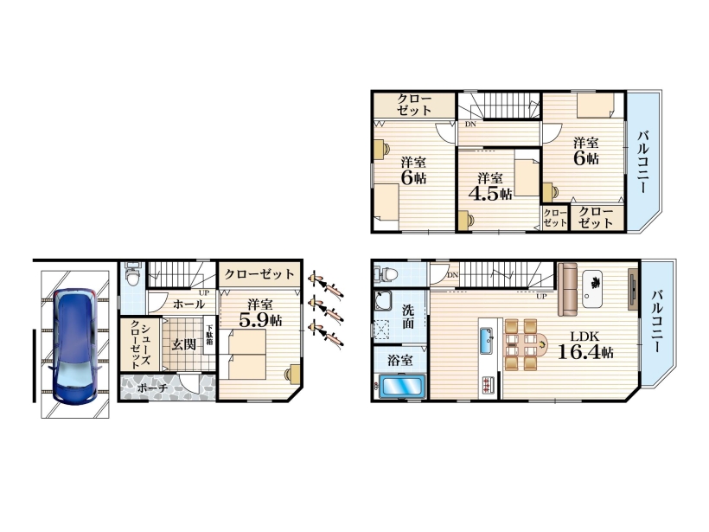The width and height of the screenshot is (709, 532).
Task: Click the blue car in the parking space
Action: point(74,346)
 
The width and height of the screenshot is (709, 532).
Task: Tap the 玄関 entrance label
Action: point(184,344)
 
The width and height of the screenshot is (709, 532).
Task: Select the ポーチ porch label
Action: point(152,388)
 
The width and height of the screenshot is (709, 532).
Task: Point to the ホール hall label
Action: point(189,304)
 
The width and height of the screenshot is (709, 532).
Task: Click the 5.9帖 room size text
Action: point(260,320)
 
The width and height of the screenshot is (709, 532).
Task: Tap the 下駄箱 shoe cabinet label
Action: point(209,335)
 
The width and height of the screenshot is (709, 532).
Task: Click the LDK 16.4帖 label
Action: point(585,344)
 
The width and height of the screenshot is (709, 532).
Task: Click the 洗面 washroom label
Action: point(408,317)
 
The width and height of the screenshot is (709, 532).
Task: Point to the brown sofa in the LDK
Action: point(568,289)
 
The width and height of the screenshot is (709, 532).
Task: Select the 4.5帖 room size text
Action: point(490,193)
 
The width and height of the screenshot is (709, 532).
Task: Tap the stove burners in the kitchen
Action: point(489,384)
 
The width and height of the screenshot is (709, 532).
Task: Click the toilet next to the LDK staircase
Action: point(386,273)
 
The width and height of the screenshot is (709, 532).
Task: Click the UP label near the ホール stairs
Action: point(204,292)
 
